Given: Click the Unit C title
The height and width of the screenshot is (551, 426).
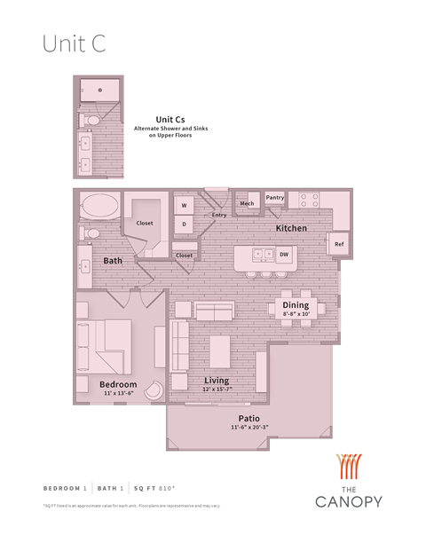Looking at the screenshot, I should click(x=75, y=45).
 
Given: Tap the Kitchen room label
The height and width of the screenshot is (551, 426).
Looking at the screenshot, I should click(x=291, y=228).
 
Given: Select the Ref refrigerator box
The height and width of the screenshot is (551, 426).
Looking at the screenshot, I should click(x=339, y=243).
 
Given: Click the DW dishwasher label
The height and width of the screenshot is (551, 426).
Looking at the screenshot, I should click(x=284, y=255).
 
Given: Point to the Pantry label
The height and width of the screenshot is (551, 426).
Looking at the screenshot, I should click(x=275, y=198).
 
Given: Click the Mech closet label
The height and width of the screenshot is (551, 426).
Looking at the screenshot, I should click(x=247, y=203).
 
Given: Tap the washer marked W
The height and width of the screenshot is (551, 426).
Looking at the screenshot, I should click(x=185, y=206).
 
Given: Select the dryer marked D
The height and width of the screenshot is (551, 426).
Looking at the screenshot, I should click(x=185, y=224).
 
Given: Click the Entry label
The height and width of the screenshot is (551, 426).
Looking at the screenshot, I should click(x=219, y=215).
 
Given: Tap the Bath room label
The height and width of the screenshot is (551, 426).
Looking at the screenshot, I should click(x=113, y=261).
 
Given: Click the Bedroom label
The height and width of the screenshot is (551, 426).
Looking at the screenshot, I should click(x=118, y=384).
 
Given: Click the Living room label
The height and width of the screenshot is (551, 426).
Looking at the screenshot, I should click(x=217, y=380).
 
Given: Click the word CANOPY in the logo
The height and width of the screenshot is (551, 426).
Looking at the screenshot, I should click(x=349, y=501).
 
